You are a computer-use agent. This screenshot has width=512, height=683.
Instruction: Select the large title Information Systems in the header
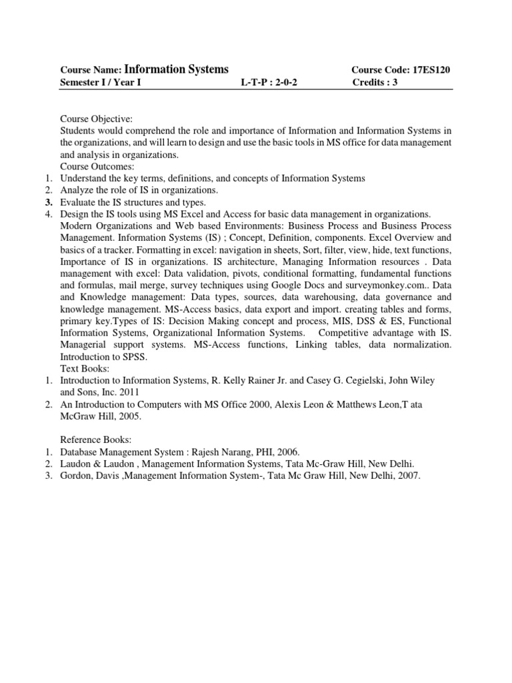tap(176, 69)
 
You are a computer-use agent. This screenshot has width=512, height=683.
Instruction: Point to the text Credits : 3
tap(379, 83)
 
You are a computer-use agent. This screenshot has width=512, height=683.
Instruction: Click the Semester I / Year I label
tap(101, 83)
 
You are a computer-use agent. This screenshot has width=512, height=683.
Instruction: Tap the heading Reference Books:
tap(96, 440)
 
